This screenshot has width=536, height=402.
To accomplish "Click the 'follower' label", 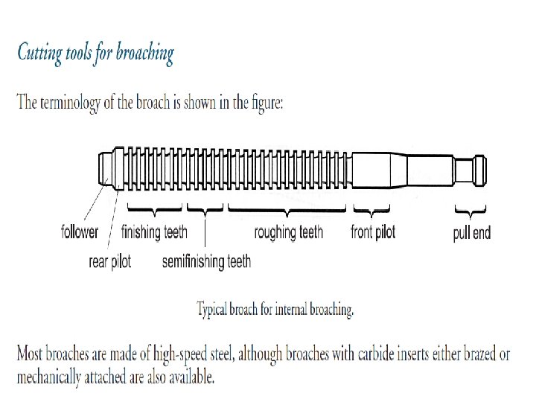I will point(80,232).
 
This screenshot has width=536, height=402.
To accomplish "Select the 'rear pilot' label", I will point(110,261).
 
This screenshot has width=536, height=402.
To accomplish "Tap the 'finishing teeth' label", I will point(154,232).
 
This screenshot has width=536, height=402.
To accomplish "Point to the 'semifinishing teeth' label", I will point(206,261).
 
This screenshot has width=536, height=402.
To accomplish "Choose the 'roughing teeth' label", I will point(289,232).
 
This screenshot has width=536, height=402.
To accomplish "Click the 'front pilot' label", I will point(373,232).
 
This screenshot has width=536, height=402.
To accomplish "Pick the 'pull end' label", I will point(472,233).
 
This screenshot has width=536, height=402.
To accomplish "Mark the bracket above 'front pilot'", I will point(372,208).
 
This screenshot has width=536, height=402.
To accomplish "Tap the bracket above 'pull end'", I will point(470,208).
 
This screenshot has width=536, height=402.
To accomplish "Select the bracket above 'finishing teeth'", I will point(156,208).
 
